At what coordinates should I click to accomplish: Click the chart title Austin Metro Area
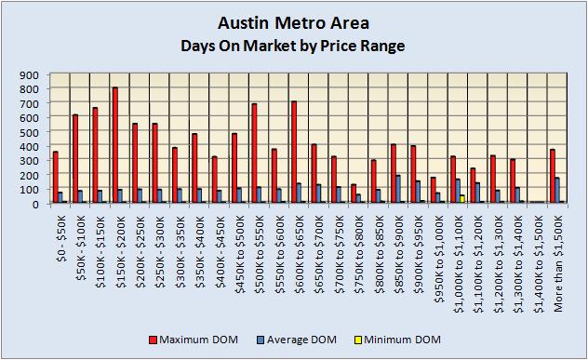pos(293,21)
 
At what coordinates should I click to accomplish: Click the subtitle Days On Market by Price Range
pos(293,45)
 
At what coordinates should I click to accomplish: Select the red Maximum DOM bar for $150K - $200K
pos(114,145)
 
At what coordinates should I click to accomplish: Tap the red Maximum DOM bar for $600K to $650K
pos(293,152)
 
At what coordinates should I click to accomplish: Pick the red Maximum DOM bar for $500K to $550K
pos(253,153)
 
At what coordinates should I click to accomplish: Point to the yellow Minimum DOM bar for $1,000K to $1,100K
pos(462,198)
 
